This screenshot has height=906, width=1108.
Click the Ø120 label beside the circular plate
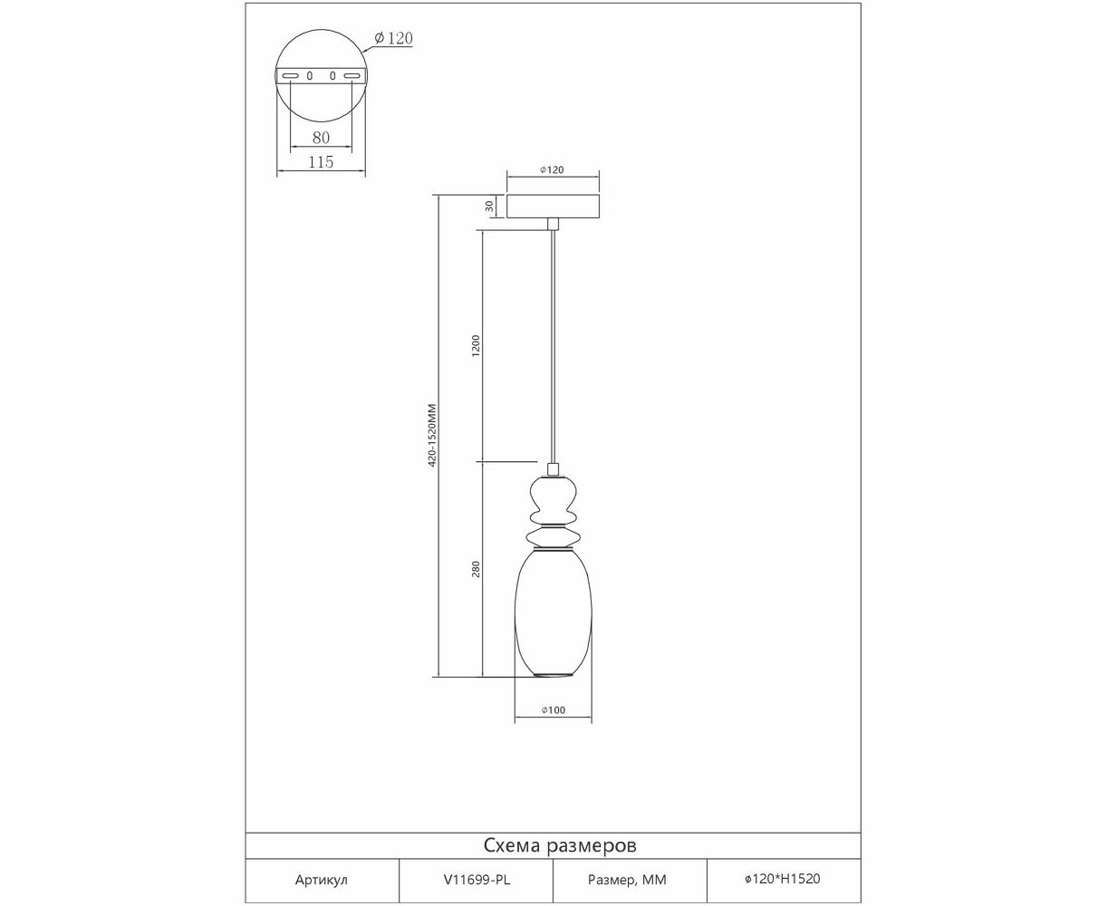(x=393, y=38)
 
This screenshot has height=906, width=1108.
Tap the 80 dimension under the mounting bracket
(x=321, y=138)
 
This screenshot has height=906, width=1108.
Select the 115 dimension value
(x=321, y=162)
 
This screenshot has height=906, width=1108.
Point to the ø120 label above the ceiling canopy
(x=552, y=169)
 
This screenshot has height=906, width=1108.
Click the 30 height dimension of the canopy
(x=489, y=206)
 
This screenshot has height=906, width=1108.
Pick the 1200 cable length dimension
(x=476, y=346)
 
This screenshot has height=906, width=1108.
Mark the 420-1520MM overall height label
(x=432, y=435)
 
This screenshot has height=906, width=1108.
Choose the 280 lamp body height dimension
(x=476, y=569)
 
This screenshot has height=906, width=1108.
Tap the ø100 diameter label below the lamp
(x=554, y=710)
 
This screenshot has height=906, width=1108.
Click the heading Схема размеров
(x=560, y=845)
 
